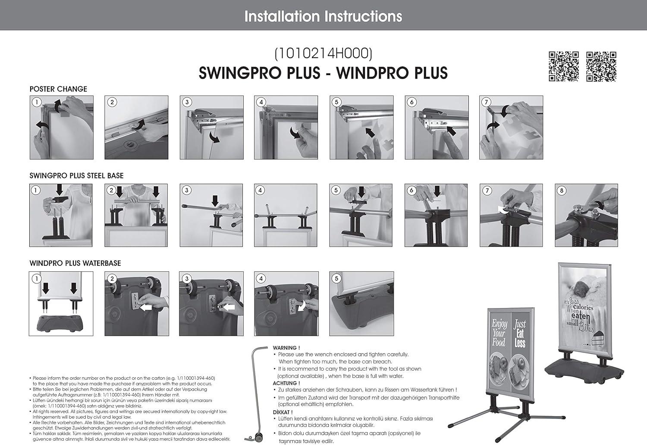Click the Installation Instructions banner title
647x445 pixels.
coord(323,16)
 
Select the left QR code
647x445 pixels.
coord(563,66)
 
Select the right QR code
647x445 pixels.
coord(601,66)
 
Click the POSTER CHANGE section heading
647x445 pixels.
coord(58,89)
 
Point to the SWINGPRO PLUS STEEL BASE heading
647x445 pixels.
coord(76,176)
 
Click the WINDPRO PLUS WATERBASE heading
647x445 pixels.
coord(75,263)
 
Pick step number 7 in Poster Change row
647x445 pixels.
coord(487,102)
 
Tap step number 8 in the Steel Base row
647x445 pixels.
coord(562,191)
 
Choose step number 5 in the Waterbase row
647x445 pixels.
coord(336,279)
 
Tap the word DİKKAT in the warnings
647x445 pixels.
coord(283,412)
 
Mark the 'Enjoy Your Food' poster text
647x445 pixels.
coord(499,333)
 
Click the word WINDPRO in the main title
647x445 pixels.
coord(367,73)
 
